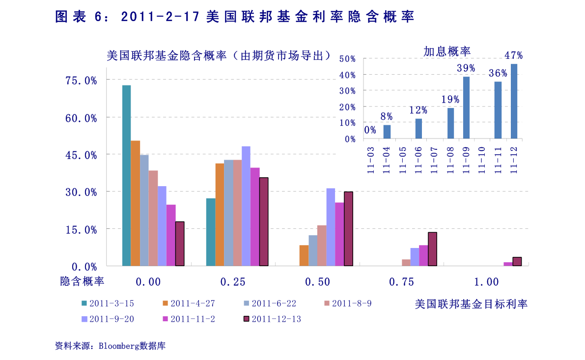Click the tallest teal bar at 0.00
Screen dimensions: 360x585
[126, 175]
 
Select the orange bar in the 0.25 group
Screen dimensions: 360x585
[220, 215]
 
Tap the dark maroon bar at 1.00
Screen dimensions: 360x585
[517, 261]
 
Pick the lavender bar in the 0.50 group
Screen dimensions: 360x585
[331, 227]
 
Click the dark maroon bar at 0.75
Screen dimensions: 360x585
[432, 249]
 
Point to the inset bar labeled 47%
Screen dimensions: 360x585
[514, 101]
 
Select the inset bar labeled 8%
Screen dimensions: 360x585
[387, 132]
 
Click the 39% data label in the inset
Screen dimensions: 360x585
[466, 68]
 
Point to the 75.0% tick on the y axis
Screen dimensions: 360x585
[81, 80]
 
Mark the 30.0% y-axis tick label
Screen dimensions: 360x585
[81, 192]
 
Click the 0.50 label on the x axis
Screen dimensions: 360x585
[317, 282]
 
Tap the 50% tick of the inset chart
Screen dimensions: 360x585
[347, 59]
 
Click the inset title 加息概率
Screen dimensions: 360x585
[447, 51]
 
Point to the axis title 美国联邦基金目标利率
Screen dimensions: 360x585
[471, 304]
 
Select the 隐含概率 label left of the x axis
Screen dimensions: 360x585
[83, 281]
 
